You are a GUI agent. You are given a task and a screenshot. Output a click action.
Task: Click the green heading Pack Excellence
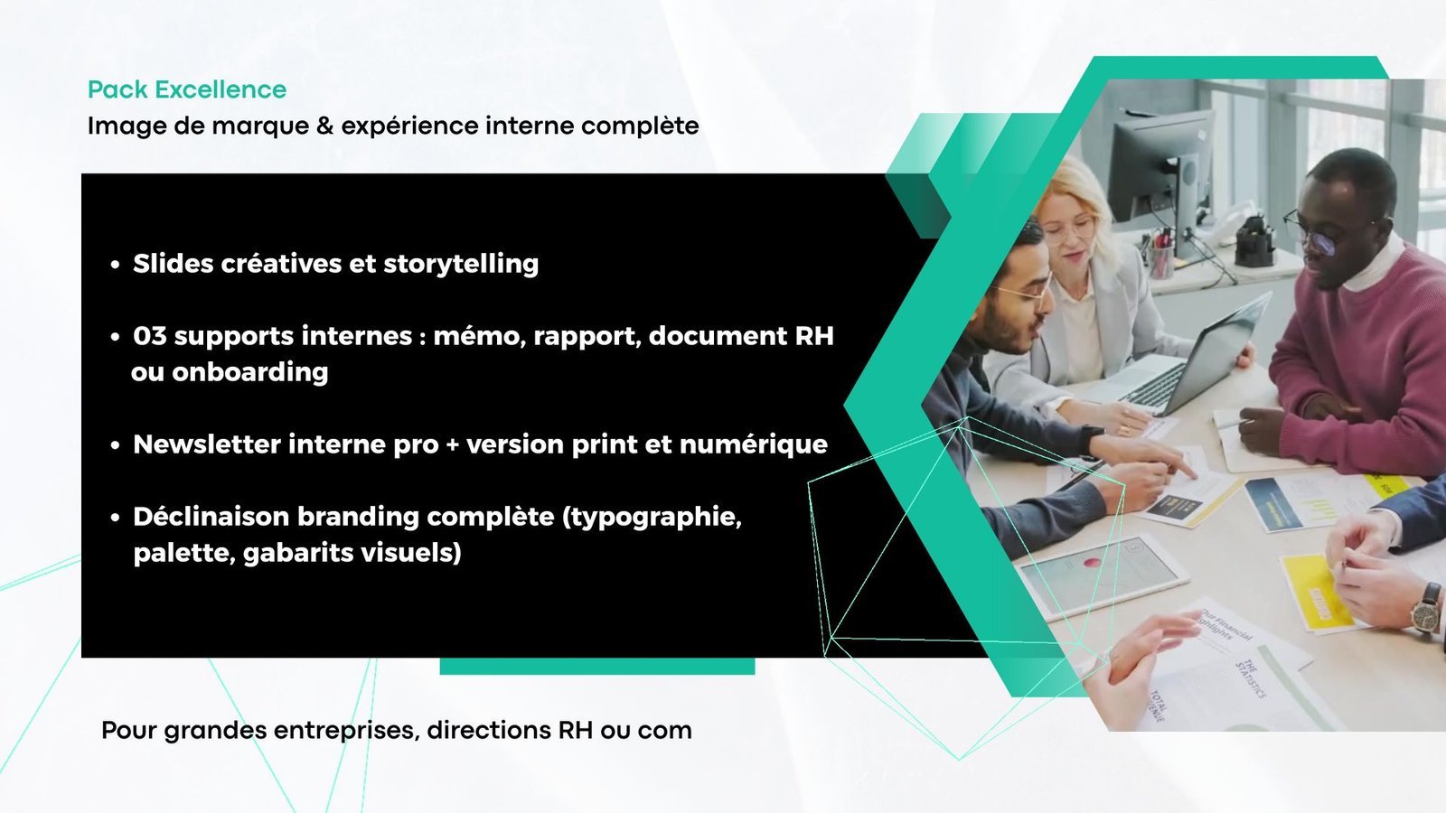tap(186, 89)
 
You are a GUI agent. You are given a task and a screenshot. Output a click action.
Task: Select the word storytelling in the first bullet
tap(461, 264)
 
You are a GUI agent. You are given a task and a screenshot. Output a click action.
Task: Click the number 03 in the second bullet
tap(150, 335)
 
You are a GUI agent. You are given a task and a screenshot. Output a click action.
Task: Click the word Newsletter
tap(207, 444)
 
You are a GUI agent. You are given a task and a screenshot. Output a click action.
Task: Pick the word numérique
tap(754, 444)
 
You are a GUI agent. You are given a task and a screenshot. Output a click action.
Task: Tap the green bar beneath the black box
tap(597, 666)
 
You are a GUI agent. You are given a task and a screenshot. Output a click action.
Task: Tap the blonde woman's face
tap(1069, 232)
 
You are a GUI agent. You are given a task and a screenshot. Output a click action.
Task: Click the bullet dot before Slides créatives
tap(115, 265)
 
